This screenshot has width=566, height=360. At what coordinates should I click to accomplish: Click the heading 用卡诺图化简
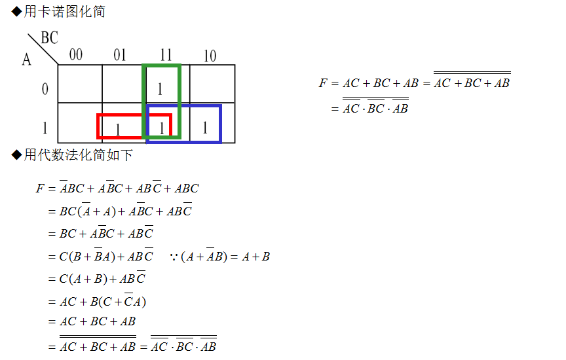click(64, 12)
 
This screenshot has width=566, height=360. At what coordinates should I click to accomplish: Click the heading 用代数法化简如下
click(77, 155)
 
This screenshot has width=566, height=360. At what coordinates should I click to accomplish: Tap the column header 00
click(76, 55)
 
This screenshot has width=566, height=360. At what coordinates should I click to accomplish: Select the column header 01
click(119, 55)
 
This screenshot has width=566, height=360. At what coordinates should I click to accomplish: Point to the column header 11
click(165, 55)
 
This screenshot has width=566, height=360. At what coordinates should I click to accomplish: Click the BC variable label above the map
click(49, 38)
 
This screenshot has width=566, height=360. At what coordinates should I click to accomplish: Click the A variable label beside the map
click(26, 60)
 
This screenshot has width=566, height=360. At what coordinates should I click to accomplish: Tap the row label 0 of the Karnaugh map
click(45, 89)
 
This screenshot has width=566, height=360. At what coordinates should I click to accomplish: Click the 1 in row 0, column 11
click(159, 88)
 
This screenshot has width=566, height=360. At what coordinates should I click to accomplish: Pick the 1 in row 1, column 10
click(204, 127)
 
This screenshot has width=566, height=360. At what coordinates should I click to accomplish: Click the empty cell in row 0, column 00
click(80, 84)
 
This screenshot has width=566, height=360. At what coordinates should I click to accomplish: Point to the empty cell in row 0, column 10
click(212, 84)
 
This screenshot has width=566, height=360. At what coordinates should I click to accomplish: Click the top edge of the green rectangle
click(161, 65)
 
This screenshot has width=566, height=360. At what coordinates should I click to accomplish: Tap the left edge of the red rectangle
click(98, 126)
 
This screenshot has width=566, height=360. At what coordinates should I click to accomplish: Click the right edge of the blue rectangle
click(220, 124)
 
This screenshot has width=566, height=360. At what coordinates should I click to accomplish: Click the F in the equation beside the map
click(322, 83)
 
